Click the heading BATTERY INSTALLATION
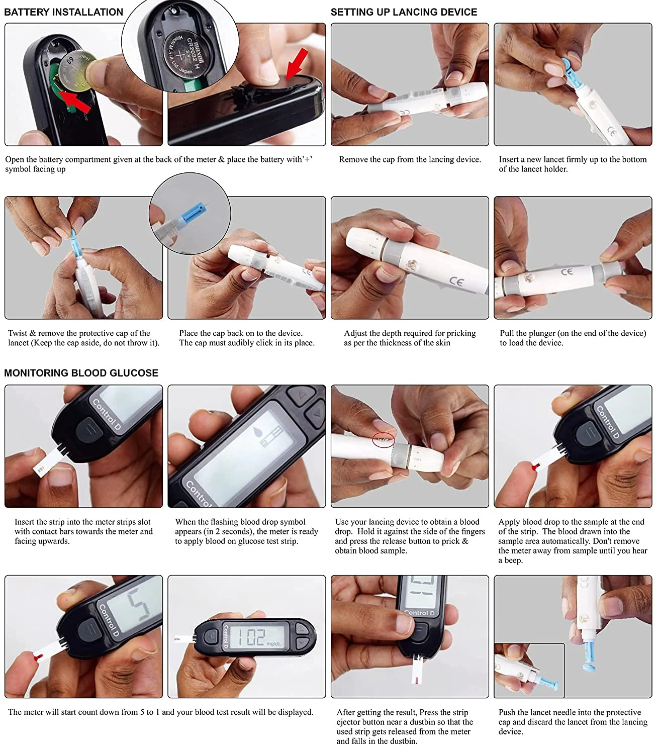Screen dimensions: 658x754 click(x=63, y=12)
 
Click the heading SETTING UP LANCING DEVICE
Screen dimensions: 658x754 click(x=404, y=12)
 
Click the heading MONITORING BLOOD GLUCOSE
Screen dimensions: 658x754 click(x=81, y=372)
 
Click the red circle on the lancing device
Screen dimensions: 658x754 click(x=383, y=439)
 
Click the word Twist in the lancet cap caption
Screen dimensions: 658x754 click(x=17, y=333)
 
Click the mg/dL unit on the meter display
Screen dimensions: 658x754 click(x=273, y=643)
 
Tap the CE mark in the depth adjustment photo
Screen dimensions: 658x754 click(x=456, y=281)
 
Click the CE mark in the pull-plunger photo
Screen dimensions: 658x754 click(x=567, y=271)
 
